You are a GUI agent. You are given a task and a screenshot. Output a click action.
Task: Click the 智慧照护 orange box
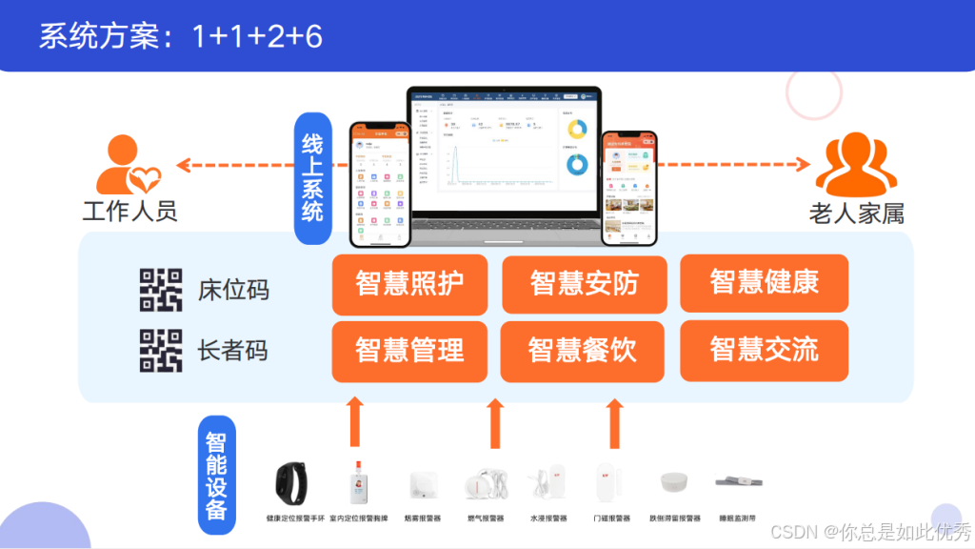pos(409,284)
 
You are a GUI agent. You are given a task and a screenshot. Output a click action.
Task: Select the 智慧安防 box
pos(584,284)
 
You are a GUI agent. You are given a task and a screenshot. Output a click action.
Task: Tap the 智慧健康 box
pos(764,283)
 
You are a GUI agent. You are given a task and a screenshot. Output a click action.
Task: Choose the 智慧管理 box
pos(409,350)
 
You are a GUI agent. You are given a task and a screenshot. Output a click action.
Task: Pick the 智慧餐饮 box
pos(584,350)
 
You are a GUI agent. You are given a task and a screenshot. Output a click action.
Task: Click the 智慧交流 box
pos(764,350)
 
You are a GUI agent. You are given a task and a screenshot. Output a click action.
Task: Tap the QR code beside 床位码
pos(161,290)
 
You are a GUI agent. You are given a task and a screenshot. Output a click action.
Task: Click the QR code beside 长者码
pos(161,350)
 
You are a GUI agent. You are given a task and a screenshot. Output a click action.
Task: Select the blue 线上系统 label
pos(312,178)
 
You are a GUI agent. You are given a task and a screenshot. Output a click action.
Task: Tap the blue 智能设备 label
pos(216,474)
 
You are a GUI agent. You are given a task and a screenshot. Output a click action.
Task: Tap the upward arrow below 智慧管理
pos(355,422)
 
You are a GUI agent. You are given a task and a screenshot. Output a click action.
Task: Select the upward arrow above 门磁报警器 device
pos(614,422)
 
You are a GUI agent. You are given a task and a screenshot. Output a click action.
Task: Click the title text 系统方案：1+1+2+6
pos(181,36)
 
